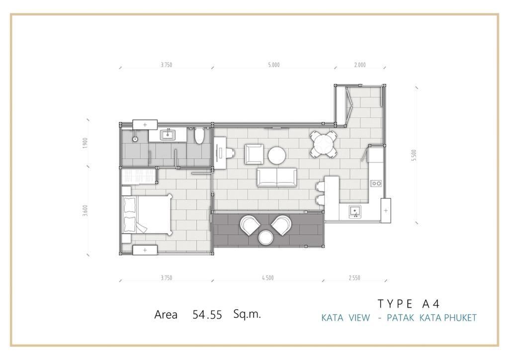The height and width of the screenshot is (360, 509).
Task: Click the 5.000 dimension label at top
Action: point(274,65)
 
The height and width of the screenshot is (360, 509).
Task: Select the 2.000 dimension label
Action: point(360,65)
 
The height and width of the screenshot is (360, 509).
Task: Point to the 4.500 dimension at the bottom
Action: point(267,278)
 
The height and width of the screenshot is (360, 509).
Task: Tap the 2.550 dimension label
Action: point(354,278)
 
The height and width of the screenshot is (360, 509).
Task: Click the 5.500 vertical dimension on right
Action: point(413,156)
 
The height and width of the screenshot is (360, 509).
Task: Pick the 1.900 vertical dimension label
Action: point(85,144)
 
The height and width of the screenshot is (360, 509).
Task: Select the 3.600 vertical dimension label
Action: point(85,211)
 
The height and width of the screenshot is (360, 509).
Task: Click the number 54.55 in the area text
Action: point(207,315)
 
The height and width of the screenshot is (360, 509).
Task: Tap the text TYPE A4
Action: point(409,303)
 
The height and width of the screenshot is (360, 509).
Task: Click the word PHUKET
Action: point(460,317)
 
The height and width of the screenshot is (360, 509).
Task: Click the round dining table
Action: point(323,144)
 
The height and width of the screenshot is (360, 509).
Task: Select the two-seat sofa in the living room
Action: point(277,177)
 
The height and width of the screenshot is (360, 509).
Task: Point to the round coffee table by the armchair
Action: point(276,156)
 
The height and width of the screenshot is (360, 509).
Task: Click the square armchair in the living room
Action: point(254,154)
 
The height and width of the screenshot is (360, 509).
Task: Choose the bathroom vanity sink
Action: point(168,134)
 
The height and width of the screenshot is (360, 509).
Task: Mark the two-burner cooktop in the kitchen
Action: point(376,183)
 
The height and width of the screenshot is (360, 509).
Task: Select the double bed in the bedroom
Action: point(147,215)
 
